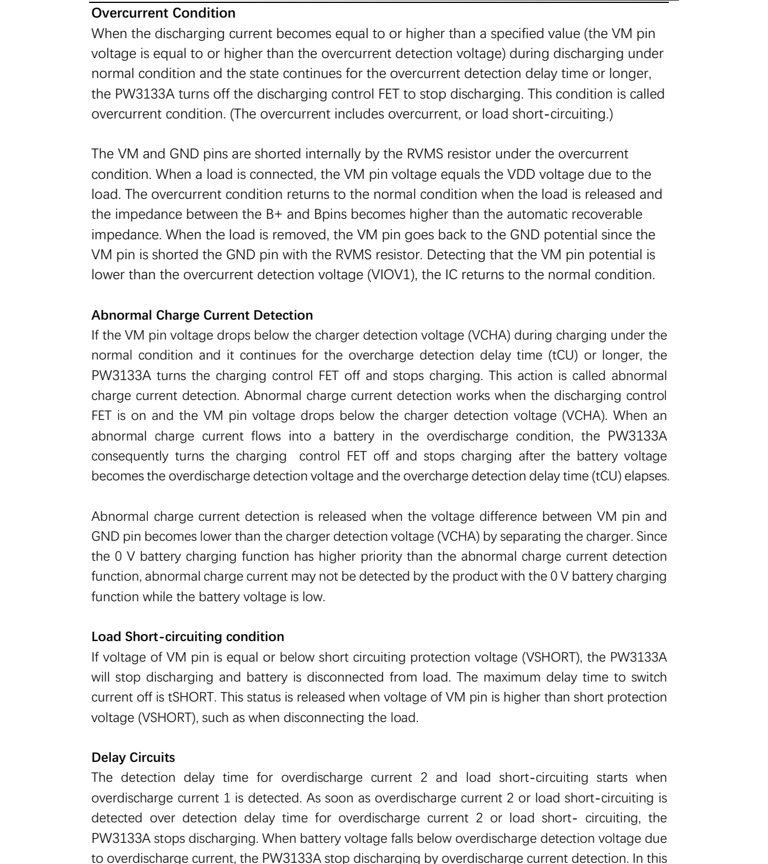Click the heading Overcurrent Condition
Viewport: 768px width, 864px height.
pos(163,13)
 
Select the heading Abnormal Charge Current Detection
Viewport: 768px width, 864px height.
pos(202,315)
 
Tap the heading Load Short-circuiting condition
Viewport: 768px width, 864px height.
pos(187,636)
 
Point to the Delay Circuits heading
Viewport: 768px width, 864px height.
pos(133,757)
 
